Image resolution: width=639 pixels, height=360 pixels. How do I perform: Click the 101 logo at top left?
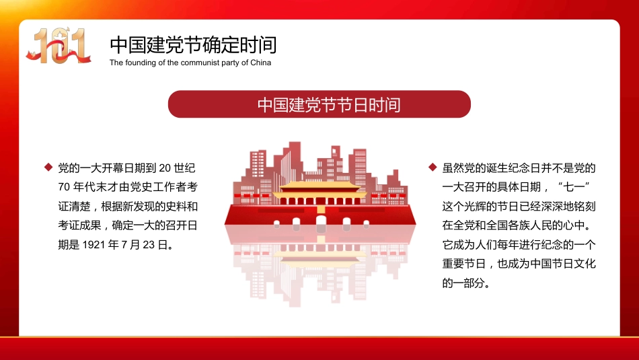coord(59,46)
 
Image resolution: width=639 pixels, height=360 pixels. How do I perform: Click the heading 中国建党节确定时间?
coord(193,44)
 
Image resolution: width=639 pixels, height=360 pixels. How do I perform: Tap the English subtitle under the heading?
coord(190,63)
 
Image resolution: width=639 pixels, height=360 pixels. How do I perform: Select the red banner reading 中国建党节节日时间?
coord(319,104)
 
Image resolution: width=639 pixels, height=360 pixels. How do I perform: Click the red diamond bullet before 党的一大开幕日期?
coord(48,167)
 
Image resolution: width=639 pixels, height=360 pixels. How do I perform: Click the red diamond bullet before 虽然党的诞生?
coord(431,167)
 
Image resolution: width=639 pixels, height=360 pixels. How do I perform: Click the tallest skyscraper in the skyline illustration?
coord(293,161)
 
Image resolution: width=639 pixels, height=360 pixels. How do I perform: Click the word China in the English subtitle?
coord(260,63)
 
